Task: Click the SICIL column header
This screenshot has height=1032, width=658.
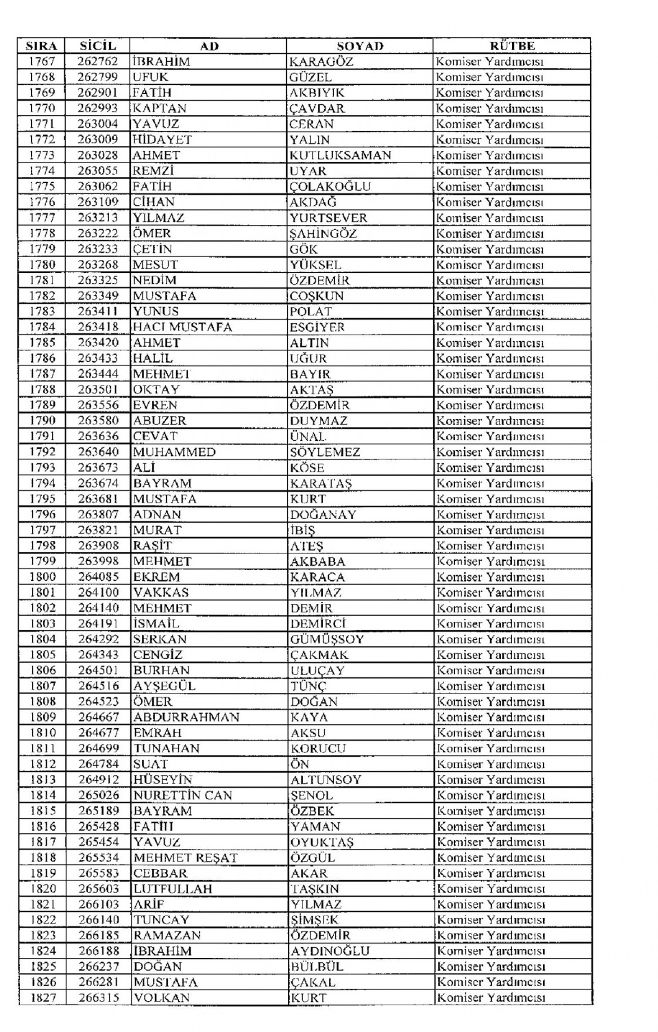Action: point(98,46)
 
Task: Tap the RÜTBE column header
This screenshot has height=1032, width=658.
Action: point(511,46)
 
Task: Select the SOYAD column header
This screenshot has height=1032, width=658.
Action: point(360,46)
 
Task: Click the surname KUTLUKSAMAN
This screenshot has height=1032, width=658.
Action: point(340,156)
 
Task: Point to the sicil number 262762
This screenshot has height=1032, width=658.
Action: point(98,62)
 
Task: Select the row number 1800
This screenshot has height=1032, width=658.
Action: point(42,577)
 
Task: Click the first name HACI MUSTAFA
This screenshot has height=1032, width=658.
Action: point(182,327)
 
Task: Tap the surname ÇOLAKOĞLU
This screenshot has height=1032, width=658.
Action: point(330,187)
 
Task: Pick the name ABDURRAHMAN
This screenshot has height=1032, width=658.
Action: point(186,717)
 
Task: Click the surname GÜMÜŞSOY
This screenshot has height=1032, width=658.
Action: point(327,639)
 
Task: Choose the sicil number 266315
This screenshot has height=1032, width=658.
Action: point(99,998)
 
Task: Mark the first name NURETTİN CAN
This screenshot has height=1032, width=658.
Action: point(183,795)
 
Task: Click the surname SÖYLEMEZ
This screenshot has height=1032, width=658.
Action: point(325,452)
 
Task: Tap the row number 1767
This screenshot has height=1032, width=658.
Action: point(42,62)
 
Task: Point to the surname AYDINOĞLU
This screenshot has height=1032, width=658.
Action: point(330,951)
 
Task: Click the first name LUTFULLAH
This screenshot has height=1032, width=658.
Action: point(173,889)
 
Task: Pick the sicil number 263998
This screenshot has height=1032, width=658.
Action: point(98,561)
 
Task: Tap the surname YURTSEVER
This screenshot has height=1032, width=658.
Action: point(328,218)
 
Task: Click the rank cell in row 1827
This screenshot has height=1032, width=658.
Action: point(491,998)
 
